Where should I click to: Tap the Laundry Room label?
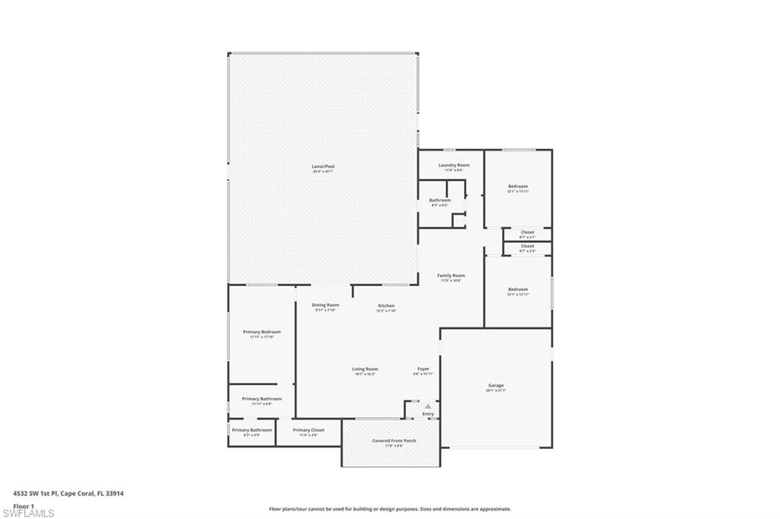(x=454, y=165)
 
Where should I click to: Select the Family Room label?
(x=451, y=275)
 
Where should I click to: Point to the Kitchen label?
(x=386, y=306)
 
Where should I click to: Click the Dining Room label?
(x=325, y=305)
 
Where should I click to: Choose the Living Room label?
(x=365, y=369)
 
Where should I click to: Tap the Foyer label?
(x=423, y=369)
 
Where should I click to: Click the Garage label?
(x=496, y=386)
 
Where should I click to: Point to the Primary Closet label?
(x=308, y=430)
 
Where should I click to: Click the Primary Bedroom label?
(x=262, y=332)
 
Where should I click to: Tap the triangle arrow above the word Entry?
(x=428, y=406)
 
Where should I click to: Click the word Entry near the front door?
(x=428, y=414)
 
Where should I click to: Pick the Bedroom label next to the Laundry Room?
(x=518, y=186)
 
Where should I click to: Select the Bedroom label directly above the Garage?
(x=518, y=289)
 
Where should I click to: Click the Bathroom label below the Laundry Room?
(x=440, y=200)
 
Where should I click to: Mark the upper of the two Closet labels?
(x=527, y=232)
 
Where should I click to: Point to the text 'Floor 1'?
(x=24, y=505)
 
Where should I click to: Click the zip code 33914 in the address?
(x=115, y=493)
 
